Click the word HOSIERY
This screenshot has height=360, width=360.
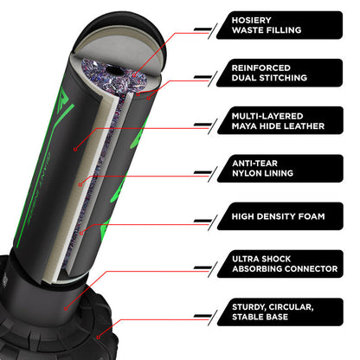[251, 20]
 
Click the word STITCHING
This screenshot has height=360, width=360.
[283, 78]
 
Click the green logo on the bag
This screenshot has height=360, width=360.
[64, 101]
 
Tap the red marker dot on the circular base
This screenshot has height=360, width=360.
[98, 337]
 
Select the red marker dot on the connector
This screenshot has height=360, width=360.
[66, 309]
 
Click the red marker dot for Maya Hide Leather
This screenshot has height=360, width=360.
[75, 149]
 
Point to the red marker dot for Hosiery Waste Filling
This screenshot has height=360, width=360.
[134, 75]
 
